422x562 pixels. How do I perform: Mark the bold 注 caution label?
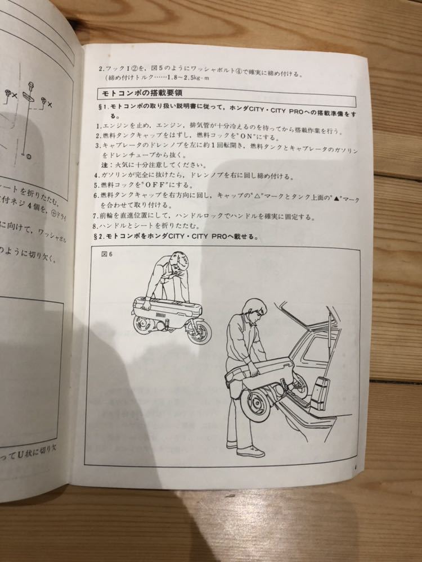104,165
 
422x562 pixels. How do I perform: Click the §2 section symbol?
97,237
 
